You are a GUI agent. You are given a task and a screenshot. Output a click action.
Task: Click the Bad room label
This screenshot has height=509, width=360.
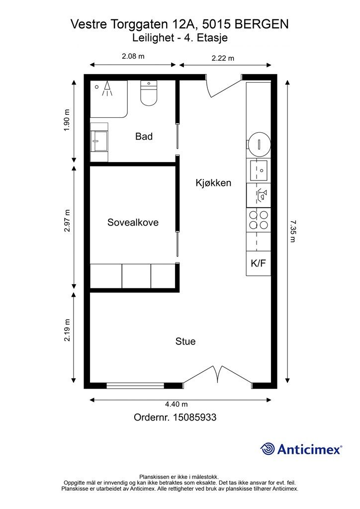coord(144,136)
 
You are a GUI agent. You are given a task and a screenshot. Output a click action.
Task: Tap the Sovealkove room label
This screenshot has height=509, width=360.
coord(133,222)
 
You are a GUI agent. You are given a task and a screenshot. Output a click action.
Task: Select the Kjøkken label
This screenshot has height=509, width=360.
coord(213,183)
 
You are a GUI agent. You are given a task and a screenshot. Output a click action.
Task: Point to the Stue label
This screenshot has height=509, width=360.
coord(185,341)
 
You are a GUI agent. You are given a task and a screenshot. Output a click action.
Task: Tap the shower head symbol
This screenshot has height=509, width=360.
coord(107,88)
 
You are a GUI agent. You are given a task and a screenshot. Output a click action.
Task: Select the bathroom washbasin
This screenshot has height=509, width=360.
coord(99,142)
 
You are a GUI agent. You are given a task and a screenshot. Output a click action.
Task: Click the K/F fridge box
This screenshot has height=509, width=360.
coord(259,263)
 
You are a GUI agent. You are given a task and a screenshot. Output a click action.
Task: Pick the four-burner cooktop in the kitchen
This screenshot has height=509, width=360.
coord(259,220)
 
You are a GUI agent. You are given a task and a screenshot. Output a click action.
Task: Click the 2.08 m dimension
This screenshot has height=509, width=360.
coord(133,56)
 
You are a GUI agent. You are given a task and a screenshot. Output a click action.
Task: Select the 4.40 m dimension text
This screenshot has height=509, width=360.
coord(176,404)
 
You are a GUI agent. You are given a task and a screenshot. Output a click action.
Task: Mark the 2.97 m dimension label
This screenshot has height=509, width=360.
coord(67,221)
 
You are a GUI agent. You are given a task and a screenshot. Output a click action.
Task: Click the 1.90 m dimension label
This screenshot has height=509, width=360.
coord(67,120)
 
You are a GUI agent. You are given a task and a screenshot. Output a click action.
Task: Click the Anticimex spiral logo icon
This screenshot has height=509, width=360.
coord(268,449)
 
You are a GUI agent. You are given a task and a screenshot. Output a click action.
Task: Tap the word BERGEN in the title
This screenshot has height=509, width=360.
coord(262,24)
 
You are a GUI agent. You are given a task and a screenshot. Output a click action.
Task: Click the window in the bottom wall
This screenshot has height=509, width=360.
coord(135,386)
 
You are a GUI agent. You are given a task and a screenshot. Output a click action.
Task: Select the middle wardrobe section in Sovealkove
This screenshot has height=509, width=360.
coord(136,276)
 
